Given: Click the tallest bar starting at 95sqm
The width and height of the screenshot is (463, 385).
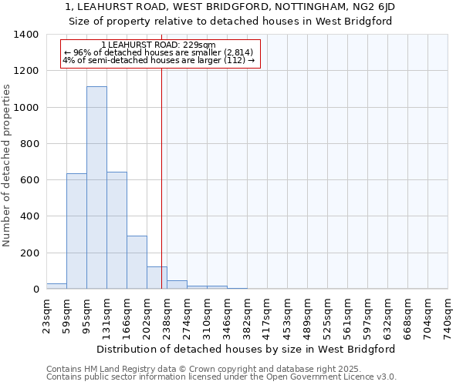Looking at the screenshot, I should click(x=96, y=188).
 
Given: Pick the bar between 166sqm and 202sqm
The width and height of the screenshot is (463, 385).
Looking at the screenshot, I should click(x=137, y=263).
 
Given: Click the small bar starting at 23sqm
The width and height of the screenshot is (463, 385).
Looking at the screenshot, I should click(x=56, y=286).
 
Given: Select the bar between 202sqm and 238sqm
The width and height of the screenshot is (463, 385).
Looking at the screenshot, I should click(x=157, y=278).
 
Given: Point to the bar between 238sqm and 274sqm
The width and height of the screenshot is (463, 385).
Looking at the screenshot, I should click(x=177, y=285).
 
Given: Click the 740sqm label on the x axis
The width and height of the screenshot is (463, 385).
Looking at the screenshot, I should click(x=448, y=316).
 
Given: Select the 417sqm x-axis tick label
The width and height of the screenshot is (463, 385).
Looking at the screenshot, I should click(x=267, y=316).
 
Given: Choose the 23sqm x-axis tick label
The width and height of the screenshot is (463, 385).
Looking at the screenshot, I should click(x=46, y=314).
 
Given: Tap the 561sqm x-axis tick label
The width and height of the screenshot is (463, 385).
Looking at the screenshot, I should click(x=347, y=316).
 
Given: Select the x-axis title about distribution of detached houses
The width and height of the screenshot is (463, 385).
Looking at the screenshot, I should click(x=247, y=349).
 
